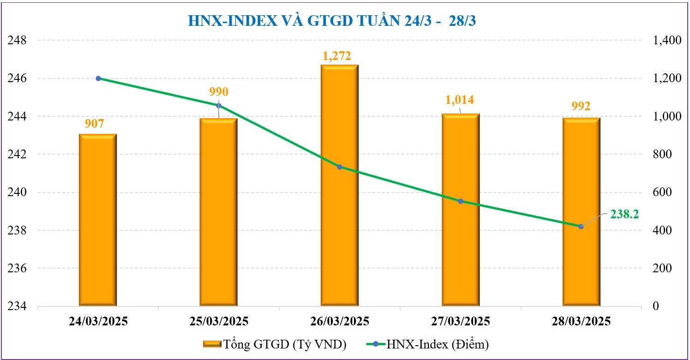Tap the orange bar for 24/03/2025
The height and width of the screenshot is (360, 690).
point(98,222)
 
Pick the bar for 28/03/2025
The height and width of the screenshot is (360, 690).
point(581,212)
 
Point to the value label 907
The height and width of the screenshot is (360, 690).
point(97,124)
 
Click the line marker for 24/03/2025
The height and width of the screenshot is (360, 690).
point(98,78)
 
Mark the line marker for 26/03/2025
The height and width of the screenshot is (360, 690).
point(339,167)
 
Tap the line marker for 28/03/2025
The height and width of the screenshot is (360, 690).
point(581,226)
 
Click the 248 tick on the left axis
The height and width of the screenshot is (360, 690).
point(18,41)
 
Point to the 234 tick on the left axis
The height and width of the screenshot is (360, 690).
point(18,306)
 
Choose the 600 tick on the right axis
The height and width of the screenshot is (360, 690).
point(663,192)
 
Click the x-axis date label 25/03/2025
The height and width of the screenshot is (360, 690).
point(218,321)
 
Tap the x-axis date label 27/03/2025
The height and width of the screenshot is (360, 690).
point(460,321)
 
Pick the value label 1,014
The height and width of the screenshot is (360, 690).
point(459,100)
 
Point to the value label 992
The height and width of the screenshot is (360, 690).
point(581,106)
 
